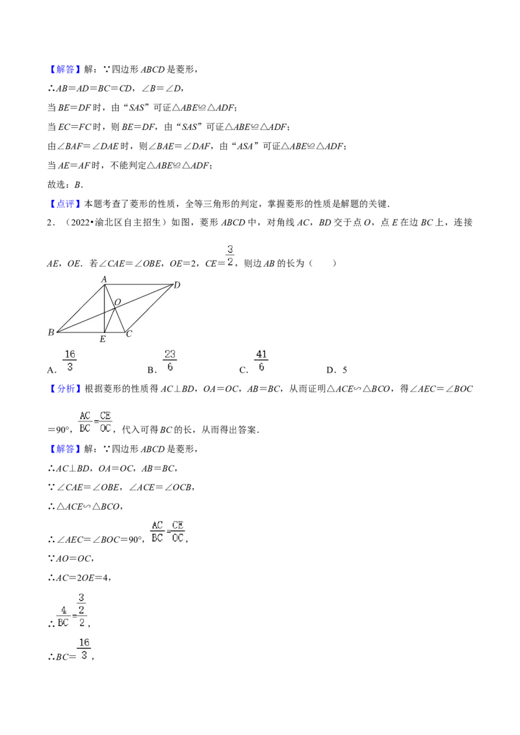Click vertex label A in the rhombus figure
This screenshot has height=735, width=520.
pyautogui.click(x=104, y=279)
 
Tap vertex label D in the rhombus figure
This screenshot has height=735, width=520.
pyautogui.click(x=177, y=285)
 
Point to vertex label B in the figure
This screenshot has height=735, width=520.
pyautogui.click(x=51, y=332)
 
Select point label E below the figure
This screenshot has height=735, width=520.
pyautogui.click(x=103, y=339)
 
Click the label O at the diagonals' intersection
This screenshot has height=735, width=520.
pyautogui.click(x=118, y=303)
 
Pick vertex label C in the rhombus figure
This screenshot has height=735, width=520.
pyautogui.click(x=129, y=334)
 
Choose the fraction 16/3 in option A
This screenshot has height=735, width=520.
pyautogui.click(x=70, y=360)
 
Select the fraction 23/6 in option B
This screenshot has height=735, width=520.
pyautogui.click(x=170, y=360)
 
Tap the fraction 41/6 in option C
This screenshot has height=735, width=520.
pyautogui.click(x=261, y=360)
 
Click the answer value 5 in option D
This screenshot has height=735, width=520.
pyautogui.click(x=344, y=370)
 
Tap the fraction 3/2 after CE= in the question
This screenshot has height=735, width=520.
pyautogui.click(x=230, y=255)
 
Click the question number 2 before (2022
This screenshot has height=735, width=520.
pyautogui.click(x=49, y=223)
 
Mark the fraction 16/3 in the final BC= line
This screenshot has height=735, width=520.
pyautogui.click(x=84, y=649)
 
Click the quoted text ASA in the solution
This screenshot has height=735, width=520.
pyautogui.click(x=245, y=147)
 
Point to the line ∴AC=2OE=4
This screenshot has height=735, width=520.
pyautogui.click(x=79, y=578)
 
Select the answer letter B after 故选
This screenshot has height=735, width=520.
pyautogui.click(x=78, y=184)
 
